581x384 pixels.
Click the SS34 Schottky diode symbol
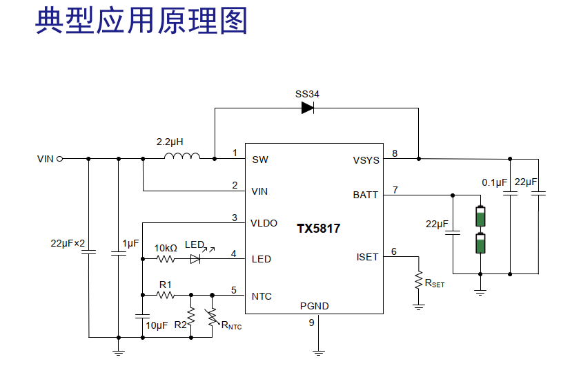[308, 108]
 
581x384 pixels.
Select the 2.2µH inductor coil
[182, 156]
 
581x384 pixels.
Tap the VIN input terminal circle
[59, 159]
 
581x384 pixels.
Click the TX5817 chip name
[318, 228]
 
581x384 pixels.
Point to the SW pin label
[260, 160]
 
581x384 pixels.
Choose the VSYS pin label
[366, 160]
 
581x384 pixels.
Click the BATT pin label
[365, 195]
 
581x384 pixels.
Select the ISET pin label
[367, 257]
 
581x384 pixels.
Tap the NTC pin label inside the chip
[262, 296]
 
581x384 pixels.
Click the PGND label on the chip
[314, 306]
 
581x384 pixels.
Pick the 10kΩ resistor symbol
[166, 258]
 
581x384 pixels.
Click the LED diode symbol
[195, 258]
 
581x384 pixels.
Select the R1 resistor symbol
[166, 295]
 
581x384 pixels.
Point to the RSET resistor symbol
[419, 280]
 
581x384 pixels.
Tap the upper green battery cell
[480, 216]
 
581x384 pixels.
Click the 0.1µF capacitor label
[494, 182]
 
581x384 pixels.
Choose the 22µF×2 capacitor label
[68, 243]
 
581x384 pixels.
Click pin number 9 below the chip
[312, 323]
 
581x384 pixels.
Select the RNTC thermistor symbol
[213, 316]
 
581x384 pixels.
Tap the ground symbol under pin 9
[318, 352]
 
